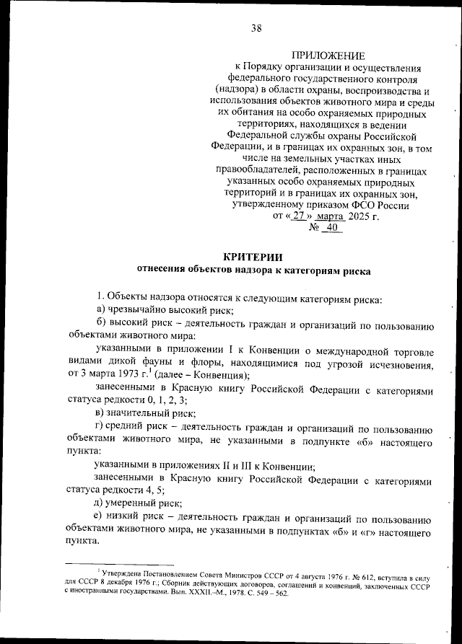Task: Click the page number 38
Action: pos(256,29)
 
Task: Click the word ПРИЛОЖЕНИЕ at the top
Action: pos(328,56)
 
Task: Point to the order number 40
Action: pos(331,228)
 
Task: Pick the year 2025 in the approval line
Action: pos(363,216)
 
